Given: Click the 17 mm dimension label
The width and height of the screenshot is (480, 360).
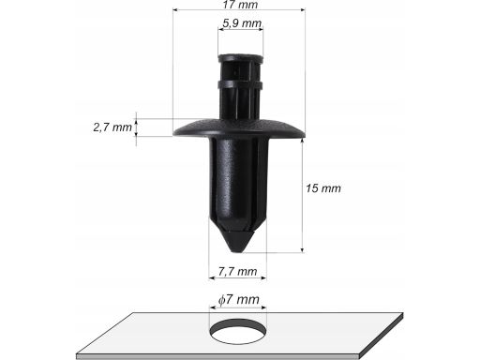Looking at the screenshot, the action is click(240, 5).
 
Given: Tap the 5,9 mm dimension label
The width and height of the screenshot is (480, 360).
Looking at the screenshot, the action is click(242, 22).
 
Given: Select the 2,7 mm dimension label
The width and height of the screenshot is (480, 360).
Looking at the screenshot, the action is click(112, 127).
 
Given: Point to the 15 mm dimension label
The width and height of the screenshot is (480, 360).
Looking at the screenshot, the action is click(323, 188).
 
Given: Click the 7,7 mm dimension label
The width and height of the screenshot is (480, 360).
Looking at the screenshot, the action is click(237, 271).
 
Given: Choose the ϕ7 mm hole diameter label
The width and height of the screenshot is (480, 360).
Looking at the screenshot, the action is click(239, 299).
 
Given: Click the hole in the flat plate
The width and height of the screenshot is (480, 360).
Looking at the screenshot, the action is click(238, 331).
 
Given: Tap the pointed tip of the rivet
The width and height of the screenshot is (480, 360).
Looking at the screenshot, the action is click(237, 250).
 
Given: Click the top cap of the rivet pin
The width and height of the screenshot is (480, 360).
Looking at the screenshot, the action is click(241, 58).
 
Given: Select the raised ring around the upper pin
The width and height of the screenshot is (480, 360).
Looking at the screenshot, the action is click(240, 85).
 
